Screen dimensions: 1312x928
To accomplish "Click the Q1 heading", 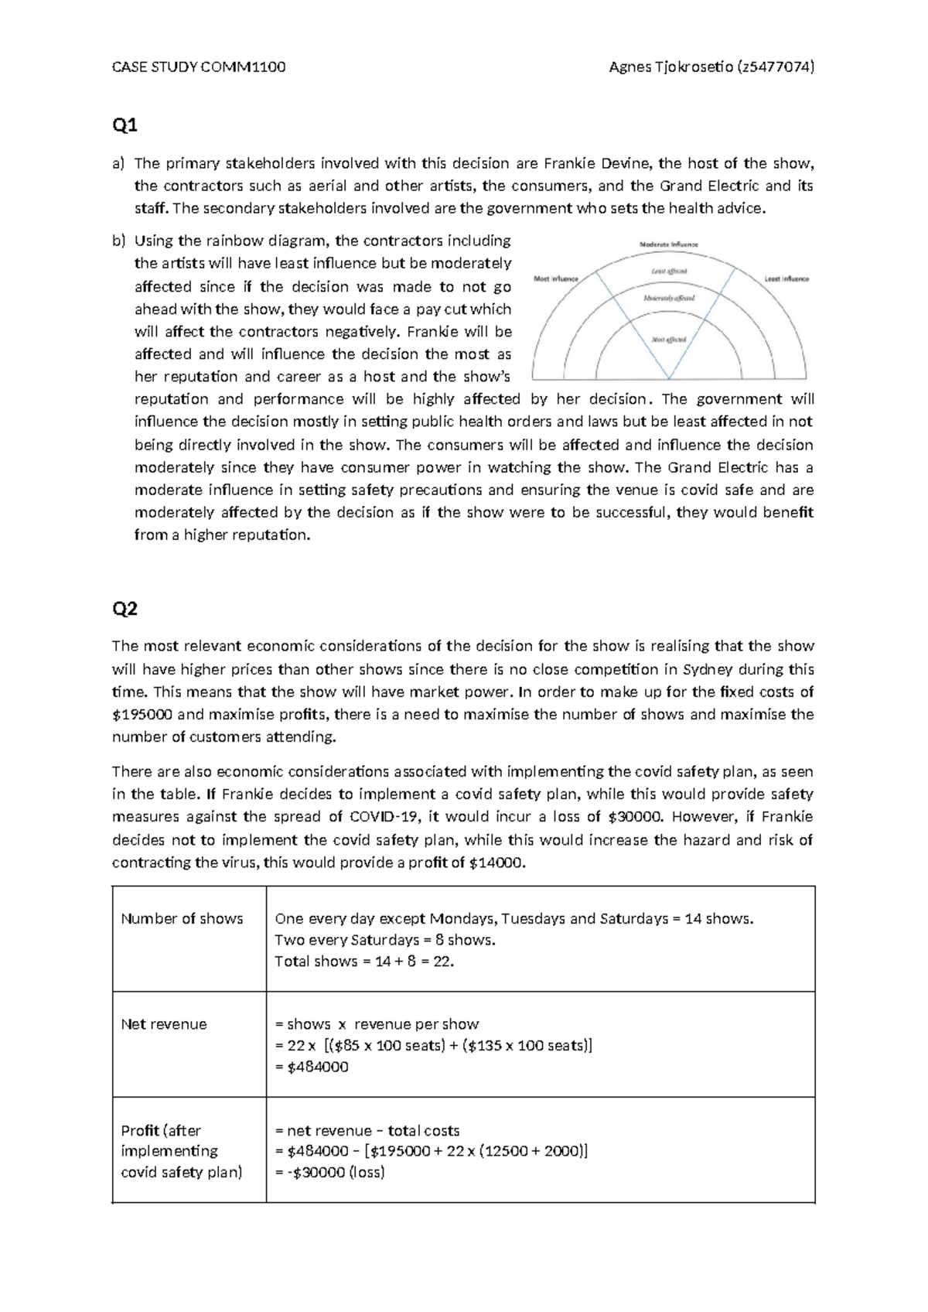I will (x=125, y=125).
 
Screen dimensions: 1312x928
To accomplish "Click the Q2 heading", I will (x=125, y=610).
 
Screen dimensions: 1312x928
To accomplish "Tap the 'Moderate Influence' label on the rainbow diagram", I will (x=669, y=244).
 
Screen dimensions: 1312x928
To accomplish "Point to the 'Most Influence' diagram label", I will (x=556, y=278).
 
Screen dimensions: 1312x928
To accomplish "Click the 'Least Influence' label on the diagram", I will (x=786, y=278).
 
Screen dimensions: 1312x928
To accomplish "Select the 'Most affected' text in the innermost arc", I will (x=669, y=340).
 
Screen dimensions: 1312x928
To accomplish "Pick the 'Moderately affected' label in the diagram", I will (x=669, y=298).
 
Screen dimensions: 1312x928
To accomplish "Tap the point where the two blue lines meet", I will (x=670, y=378).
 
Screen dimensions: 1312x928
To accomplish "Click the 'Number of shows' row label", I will (x=182, y=919).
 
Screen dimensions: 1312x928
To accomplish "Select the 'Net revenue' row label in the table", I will (x=164, y=1024).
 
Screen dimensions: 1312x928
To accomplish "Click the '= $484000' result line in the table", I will (x=312, y=1067).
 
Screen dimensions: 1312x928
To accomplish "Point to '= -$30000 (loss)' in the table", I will (x=330, y=1172).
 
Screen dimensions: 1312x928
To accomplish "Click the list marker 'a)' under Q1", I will (x=118, y=163).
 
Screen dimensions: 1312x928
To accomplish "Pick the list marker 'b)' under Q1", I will (x=118, y=241).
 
